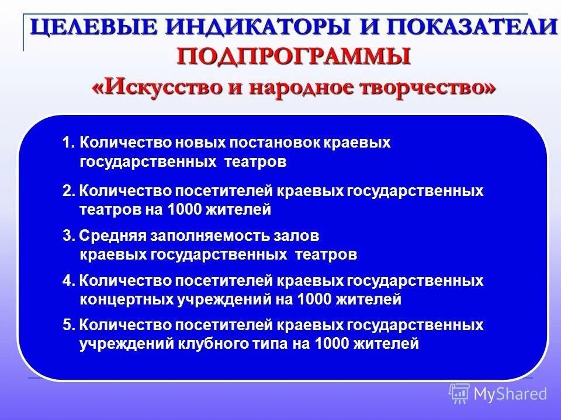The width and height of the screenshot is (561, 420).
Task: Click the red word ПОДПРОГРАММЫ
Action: (x=294, y=57)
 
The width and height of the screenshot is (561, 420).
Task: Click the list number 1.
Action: (x=68, y=143)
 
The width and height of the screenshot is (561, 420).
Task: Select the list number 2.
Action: (x=68, y=191)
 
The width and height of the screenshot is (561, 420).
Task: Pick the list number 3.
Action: (x=68, y=236)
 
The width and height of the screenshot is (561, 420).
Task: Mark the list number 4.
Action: (x=68, y=281)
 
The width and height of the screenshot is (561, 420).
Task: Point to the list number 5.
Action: (x=68, y=325)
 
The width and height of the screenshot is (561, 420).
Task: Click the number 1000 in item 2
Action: (x=184, y=209)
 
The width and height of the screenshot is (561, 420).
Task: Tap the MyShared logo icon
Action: (x=459, y=394)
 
